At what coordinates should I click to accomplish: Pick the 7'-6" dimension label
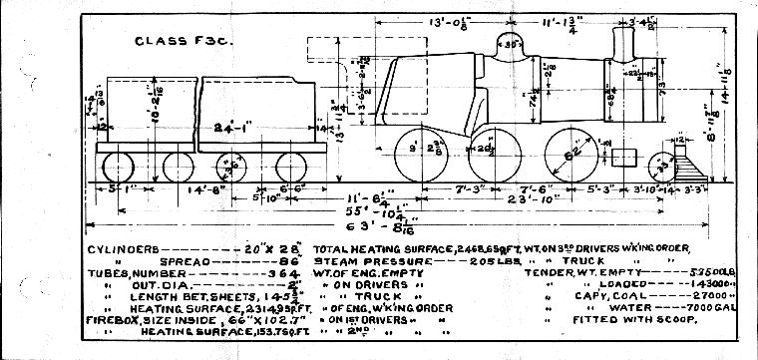pos(555,186)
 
